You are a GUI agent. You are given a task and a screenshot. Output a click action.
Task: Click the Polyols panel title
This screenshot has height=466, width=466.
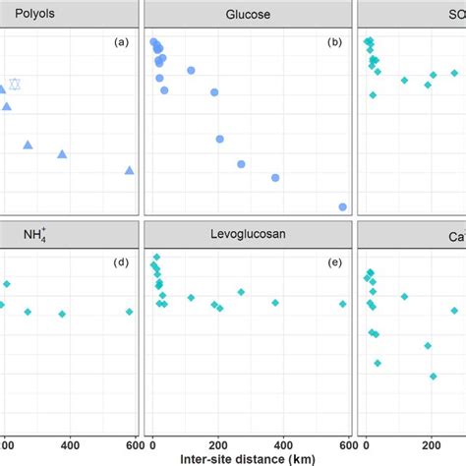click(35, 14)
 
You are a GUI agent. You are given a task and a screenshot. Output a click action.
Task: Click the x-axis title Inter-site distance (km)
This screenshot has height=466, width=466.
click(246, 457)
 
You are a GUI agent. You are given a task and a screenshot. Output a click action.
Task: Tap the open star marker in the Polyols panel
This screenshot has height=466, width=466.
click(15, 85)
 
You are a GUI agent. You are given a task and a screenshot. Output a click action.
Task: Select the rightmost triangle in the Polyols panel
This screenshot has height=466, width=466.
click(129, 170)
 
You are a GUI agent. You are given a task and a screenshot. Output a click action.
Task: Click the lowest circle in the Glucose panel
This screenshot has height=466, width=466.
click(342, 206)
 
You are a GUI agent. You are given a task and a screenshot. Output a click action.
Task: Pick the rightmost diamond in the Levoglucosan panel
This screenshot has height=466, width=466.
click(342, 304)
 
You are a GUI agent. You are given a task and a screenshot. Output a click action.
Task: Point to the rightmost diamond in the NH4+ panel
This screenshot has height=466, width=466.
click(129, 312)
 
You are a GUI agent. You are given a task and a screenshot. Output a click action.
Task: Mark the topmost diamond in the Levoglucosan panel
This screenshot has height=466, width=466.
click(156, 257)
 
